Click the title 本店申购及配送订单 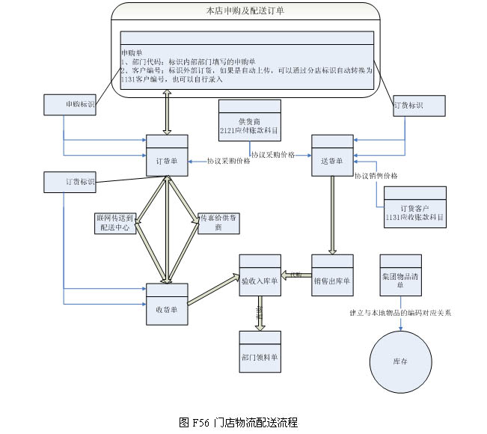[x=245, y=11]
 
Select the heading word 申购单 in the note [x=132, y=52]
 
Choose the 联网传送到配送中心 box [x=115, y=223]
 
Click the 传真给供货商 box [x=218, y=223]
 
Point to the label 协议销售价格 [x=376, y=176]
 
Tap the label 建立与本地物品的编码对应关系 [x=401, y=313]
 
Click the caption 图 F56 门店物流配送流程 [x=239, y=422]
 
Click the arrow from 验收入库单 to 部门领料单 [x=260, y=313]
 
